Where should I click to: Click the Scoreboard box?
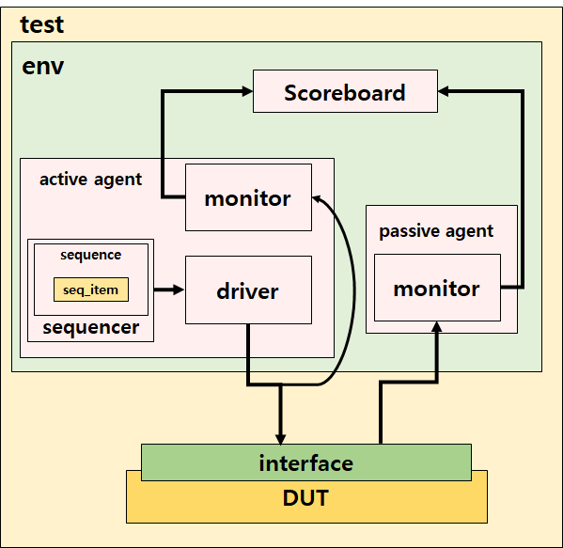coord(345,92)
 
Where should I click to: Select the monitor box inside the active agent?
coord(248,197)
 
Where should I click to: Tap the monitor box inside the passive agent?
coord(437,288)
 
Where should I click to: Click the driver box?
coord(248,290)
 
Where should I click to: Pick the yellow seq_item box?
coord(90,290)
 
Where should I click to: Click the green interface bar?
coord(305,462)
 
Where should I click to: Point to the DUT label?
coord(306,498)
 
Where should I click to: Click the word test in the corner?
coord(42,24)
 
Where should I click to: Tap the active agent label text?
coord(90,179)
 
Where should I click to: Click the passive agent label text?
coord(436,230)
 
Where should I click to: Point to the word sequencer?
coord(90,328)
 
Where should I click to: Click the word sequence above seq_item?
coord(90,255)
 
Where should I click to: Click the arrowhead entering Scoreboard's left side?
coord(246,91)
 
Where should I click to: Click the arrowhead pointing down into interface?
coord(280,437)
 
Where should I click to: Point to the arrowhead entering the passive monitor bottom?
coord(437,325)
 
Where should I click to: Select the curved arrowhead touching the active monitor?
coord(319,198)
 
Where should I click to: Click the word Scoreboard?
coord(345,92)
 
